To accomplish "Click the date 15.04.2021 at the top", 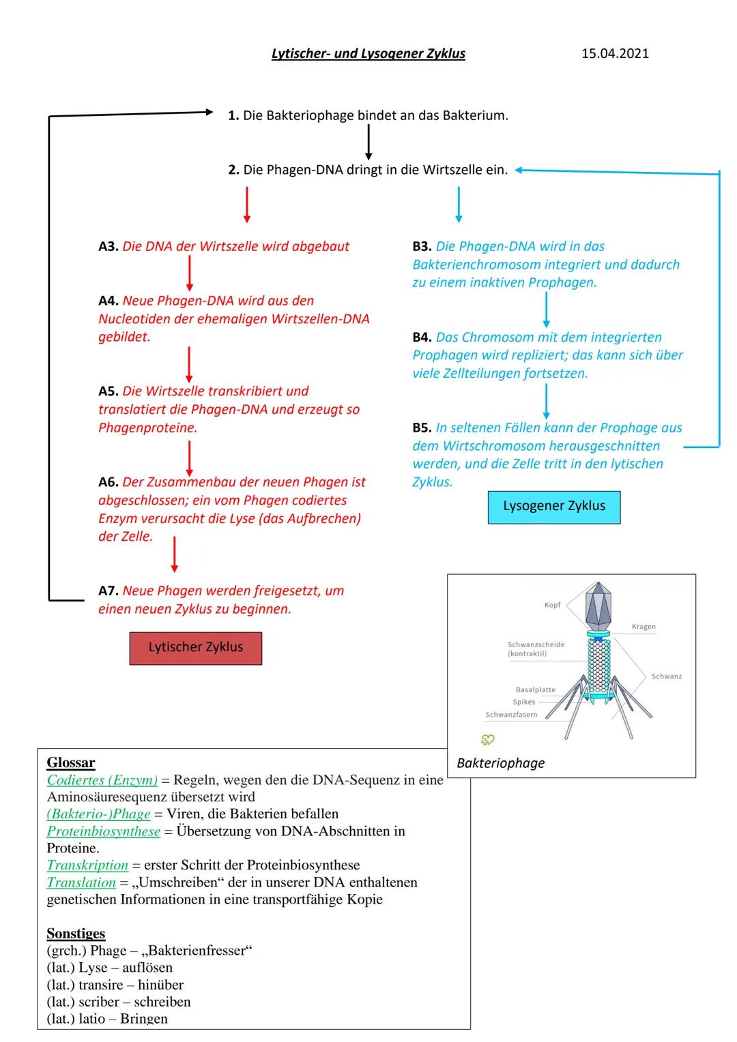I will pos(615,53).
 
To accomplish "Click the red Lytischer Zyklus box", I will pos(196,647).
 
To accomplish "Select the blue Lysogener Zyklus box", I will pos(554,507).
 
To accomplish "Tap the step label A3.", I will pos(109,246).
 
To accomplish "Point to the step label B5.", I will pos(422,428).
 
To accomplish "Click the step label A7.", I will pos(109,591).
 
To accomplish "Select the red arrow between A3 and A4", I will pos(189,274).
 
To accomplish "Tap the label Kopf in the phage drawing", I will pos(552,605).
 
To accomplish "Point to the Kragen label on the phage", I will pos(644,627).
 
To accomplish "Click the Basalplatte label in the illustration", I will pos(535,690).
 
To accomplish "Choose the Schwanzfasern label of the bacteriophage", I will pos(511,715).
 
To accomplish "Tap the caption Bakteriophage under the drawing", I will pos(500,763).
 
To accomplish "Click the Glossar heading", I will pos(71,762).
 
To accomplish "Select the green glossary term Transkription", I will pos(87,865).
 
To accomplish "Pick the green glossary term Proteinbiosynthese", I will pos(103,831).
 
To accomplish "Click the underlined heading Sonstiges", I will pos(76,933).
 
